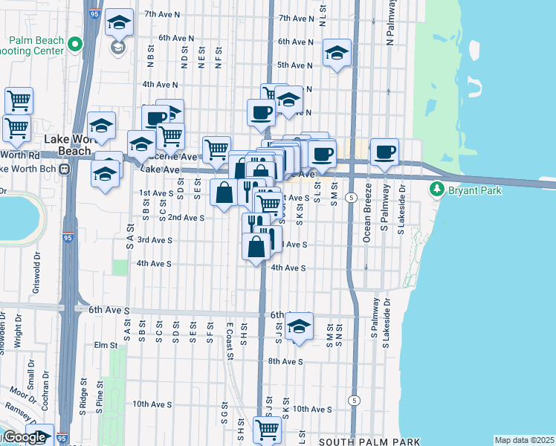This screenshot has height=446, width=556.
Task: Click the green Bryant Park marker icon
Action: [438, 190]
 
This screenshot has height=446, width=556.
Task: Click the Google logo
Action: [24, 437]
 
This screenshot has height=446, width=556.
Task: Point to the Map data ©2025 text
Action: [523, 440]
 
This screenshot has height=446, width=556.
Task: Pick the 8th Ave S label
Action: [285, 361]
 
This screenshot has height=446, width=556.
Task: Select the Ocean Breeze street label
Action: [366, 224]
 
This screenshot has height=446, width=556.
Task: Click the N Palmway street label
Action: [389, 28]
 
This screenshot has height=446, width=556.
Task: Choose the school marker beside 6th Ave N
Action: [337, 54]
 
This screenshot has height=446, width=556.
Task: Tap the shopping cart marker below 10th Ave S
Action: [266, 429]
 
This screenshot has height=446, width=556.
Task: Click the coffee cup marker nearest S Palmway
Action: [384, 152]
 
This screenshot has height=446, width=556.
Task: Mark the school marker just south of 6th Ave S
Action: [299, 326]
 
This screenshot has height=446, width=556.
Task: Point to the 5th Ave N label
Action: [293, 65]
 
